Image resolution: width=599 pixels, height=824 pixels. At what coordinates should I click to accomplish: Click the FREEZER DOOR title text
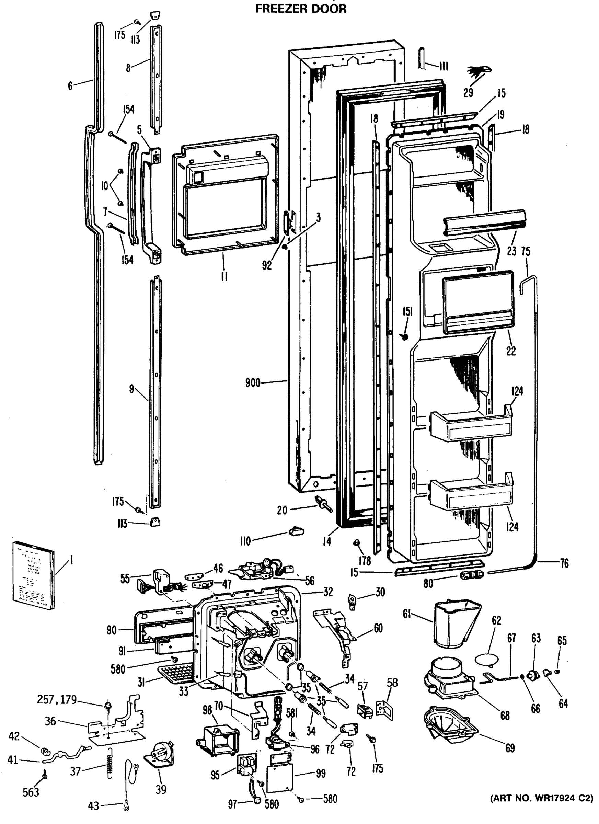pyautogui.click(x=301, y=9)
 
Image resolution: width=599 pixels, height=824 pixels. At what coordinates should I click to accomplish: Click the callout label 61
pyautogui.click(x=407, y=614)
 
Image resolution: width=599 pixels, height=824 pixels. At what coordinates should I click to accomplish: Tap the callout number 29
pyautogui.click(x=468, y=93)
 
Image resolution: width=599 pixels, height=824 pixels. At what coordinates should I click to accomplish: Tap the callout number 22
pyautogui.click(x=511, y=351)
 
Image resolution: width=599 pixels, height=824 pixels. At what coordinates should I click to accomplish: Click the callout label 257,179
pyautogui.click(x=57, y=699)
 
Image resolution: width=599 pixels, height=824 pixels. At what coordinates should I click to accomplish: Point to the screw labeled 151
pyautogui.click(x=405, y=337)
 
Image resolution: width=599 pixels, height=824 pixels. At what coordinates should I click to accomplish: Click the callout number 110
pyautogui.click(x=245, y=541)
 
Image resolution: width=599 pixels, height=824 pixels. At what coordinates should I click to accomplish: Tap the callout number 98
pyautogui.click(x=207, y=710)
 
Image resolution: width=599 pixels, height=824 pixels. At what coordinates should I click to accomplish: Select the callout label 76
pyautogui.click(x=564, y=563)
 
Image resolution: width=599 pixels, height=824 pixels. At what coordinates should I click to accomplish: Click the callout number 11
pyautogui.click(x=224, y=276)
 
